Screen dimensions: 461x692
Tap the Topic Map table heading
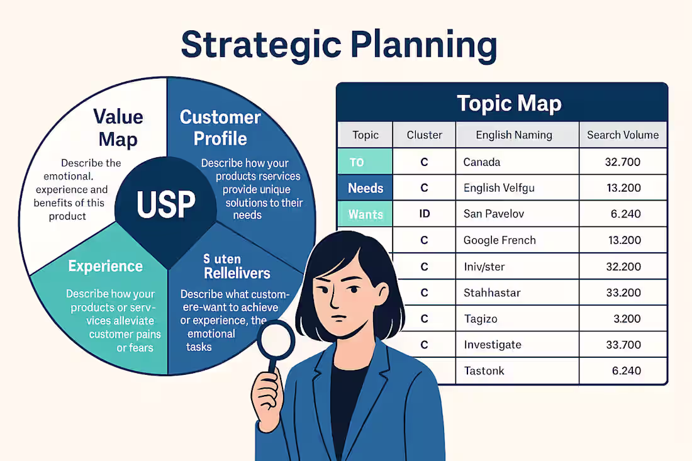pyautogui.click(x=509, y=103)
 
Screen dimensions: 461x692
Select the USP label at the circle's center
pyautogui.click(x=166, y=204)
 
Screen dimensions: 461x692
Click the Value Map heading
pyautogui.click(x=118, y=128)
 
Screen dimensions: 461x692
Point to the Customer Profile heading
pyautogui.click(x=220, y=128)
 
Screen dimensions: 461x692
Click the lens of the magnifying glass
pyautogui.click(x=276, y=340)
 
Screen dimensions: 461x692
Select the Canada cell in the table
pyautogui.click(x=482, y=162)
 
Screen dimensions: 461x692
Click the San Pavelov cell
pyautogui.click(x=494, y=214)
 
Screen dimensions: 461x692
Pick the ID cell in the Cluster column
pyautogui.click(x=424, y=214)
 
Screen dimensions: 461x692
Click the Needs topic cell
pyautogui.click(x=366, y=188)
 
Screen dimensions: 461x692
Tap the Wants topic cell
pyautogui.click(x=366, y=214)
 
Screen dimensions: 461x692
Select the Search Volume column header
pyautogui.click(x=622, y=135)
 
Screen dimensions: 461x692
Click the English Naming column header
pyautogui.click(x=513, y=135)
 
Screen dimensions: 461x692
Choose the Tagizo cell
pyautogui.click(x=481, y=319)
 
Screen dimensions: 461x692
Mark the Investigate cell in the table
pyautogui.click(x=493, y=345)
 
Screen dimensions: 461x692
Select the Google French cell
pyautogui.click(x=499, y=240)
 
